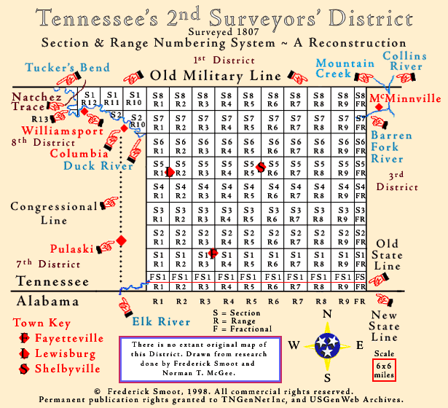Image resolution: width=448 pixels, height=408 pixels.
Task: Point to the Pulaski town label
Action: coord(72,248)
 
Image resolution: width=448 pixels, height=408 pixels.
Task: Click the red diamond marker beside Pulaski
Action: coord(122,240)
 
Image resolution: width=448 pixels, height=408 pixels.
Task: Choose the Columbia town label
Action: coord(74,153)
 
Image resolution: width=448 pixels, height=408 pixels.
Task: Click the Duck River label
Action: coord(98,165)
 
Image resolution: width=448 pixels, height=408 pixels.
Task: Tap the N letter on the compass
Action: coord(328,314)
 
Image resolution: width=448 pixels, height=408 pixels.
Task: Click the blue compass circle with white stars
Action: coord(328,345)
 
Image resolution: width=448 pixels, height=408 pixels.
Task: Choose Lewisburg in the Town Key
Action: coord(60,354)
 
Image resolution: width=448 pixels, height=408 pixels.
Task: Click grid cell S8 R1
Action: coord(157,100)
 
